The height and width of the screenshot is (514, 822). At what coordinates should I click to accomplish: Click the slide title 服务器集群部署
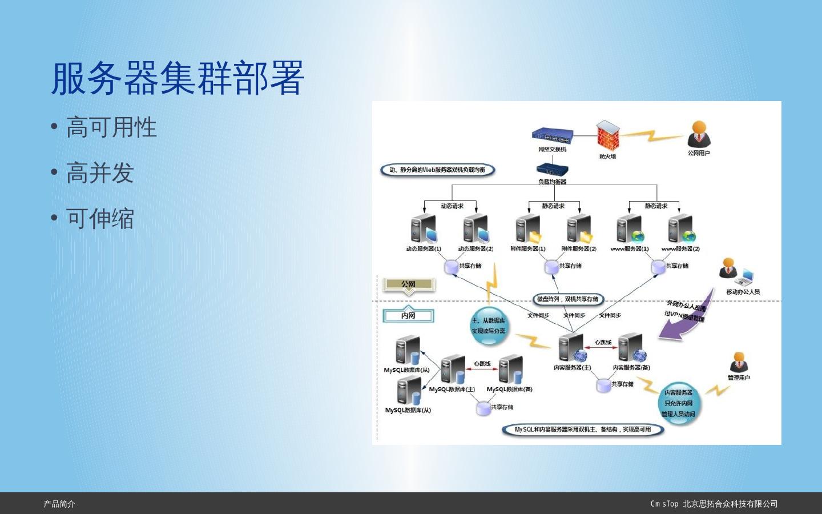click(x=178, y=78)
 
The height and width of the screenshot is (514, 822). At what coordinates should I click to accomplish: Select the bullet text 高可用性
click(x=111, y=127)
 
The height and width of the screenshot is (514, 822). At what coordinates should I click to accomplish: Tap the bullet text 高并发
click(x=99, y=173)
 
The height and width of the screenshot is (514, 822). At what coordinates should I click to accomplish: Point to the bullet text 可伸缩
click(x=99, y=219)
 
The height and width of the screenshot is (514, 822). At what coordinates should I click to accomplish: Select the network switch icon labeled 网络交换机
click(x=552, y=135)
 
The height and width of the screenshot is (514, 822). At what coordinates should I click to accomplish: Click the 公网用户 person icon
click(x=699, y=135)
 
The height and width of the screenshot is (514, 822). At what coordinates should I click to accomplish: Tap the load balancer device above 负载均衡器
click(x=552, y=170)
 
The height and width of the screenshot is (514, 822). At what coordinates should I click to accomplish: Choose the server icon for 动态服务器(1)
click(x=423, y=230)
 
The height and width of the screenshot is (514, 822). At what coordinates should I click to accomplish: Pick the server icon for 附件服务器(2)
click(x=579, y=230)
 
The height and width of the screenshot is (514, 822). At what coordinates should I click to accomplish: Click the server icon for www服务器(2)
click(x=680, y=230)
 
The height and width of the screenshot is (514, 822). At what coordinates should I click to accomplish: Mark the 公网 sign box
click(x=408, y=284)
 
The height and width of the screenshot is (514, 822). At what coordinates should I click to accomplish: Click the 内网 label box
click(x=408, y=315)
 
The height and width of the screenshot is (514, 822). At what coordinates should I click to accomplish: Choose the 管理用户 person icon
click(x=739, y=363)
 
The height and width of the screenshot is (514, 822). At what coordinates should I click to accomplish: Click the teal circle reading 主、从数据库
click(x=489, y=326)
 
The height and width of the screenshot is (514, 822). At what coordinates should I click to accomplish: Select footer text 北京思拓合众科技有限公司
click(x=730, y=504)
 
